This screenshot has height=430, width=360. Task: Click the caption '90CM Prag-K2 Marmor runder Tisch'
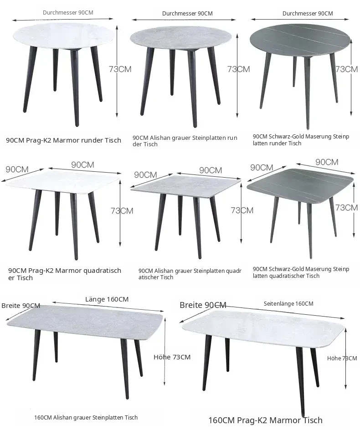click(x=63, y=140)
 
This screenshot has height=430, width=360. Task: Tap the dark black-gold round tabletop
click(x=300, y=41)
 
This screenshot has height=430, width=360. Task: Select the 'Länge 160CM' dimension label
click(x=107, y=299)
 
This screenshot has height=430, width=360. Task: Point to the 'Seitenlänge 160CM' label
click(x=288, y=303)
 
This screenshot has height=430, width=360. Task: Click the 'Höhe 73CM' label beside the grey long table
click(x=172, y=357)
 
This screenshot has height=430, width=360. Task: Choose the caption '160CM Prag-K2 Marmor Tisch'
click(x=265, y=420)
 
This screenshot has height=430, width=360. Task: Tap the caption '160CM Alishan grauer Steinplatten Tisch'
click(x=86, y=417)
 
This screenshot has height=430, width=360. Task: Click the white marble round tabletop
click(x=64, y=36)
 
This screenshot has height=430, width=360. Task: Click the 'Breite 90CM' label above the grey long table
click(x=21, y=306)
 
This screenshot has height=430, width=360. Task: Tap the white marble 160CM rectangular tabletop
click(x=263, y=329)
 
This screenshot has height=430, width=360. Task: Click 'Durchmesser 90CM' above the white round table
click(x=68, y=13)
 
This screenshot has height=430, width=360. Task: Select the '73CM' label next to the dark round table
click(x=347, y=69)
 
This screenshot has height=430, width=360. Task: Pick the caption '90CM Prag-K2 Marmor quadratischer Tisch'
click(x=65, y=274)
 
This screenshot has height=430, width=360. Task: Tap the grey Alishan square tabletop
click(x=186, y=184)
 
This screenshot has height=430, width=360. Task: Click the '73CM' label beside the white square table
click(x=122, y=210)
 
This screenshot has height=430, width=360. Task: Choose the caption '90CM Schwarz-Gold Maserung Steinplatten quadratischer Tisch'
click(x=301, y=272)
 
